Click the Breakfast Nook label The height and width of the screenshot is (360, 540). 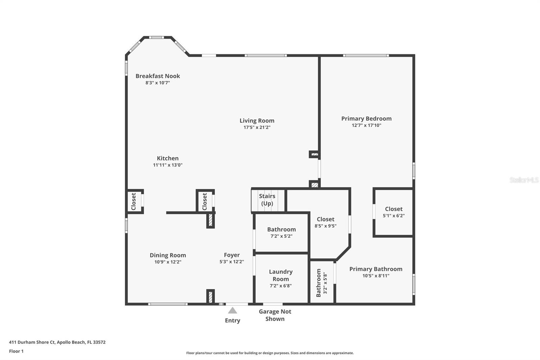[x=158, y=76]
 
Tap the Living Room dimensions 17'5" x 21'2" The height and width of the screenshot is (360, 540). [x=257, y=127]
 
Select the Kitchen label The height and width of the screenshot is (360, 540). [x=168, y=158]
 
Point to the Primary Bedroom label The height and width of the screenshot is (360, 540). [x=367, y=119]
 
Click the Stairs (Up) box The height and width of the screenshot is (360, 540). [x=268, y=200]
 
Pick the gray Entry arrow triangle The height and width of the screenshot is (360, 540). [x=233, y=310]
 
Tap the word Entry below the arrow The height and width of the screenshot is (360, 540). [x=233, y=320]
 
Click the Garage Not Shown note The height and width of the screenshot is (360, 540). [x=275, y=315]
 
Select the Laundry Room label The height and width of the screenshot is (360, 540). [x=281, y=275]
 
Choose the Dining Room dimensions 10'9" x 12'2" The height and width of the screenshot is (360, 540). [x=168, y=262]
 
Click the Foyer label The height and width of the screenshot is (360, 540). [x=232, y=255]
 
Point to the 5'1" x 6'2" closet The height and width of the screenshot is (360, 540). [x=394, y=212]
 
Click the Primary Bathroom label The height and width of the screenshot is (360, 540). [x=376, y=269]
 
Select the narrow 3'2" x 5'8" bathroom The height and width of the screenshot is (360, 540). [x=322, y=282]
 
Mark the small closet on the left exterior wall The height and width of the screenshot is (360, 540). [x=134, y=201]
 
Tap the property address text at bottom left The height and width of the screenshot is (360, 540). [x=57, y=342]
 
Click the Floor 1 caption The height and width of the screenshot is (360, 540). [x=17, y=351]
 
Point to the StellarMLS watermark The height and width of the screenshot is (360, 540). [x=524, y=180]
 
